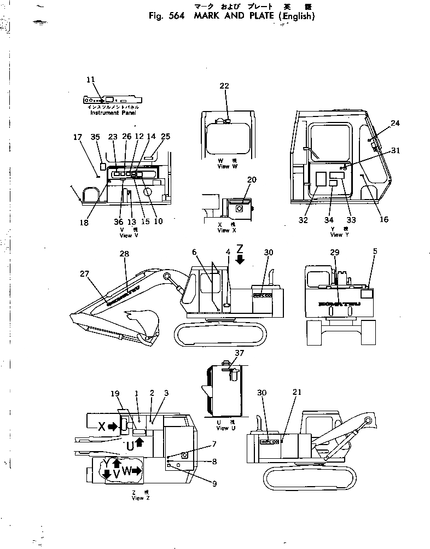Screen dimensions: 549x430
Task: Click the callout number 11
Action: [x=91, y=79]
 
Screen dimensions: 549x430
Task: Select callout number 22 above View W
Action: [x=224, y=86]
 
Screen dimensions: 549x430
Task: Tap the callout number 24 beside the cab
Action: [x=395, y=123]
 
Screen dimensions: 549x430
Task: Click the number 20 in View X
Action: [x=252, y=180]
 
